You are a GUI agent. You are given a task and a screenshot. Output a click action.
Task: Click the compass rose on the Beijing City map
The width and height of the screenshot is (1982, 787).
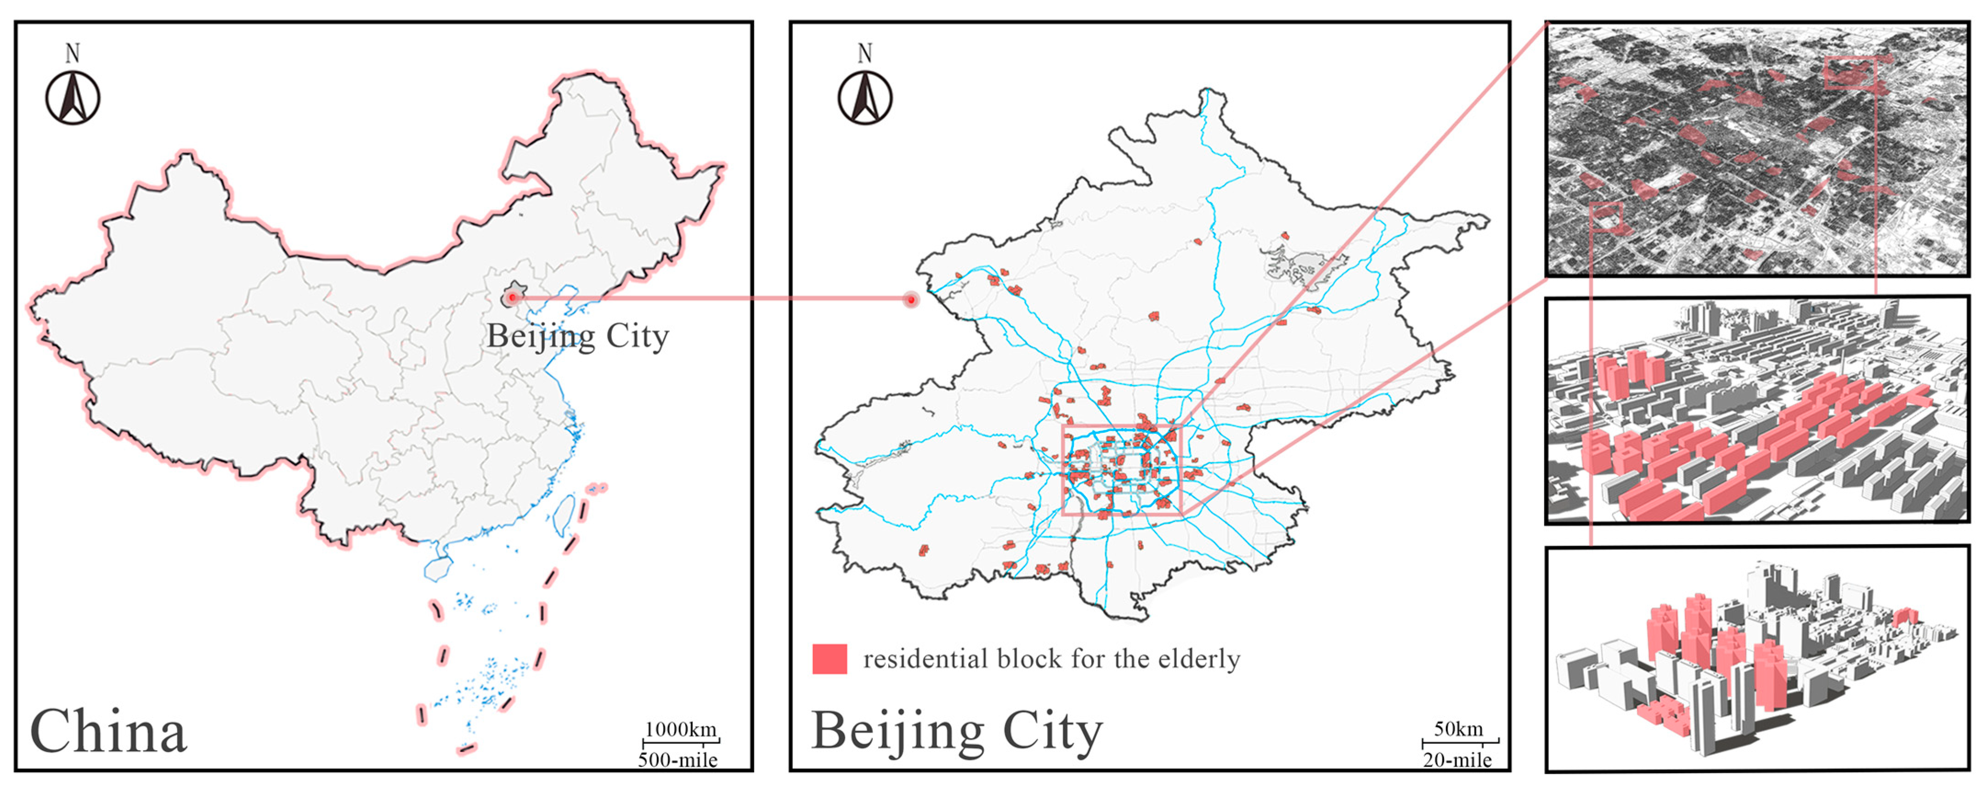pyautogui.click(x=865, y=98)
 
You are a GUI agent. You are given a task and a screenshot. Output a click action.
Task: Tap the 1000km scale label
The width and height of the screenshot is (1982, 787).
pyautogui.click(x=680, y=729)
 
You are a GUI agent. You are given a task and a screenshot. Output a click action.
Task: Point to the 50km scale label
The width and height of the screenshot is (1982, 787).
pyautogui.click(x=1458, y=729)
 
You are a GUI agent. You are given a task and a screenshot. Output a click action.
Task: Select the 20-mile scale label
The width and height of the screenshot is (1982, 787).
pyautogui.click(x=1457, y=760)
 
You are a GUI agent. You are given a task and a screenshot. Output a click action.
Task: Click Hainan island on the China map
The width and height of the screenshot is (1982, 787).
pyautogui.click(x=436, y=568)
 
